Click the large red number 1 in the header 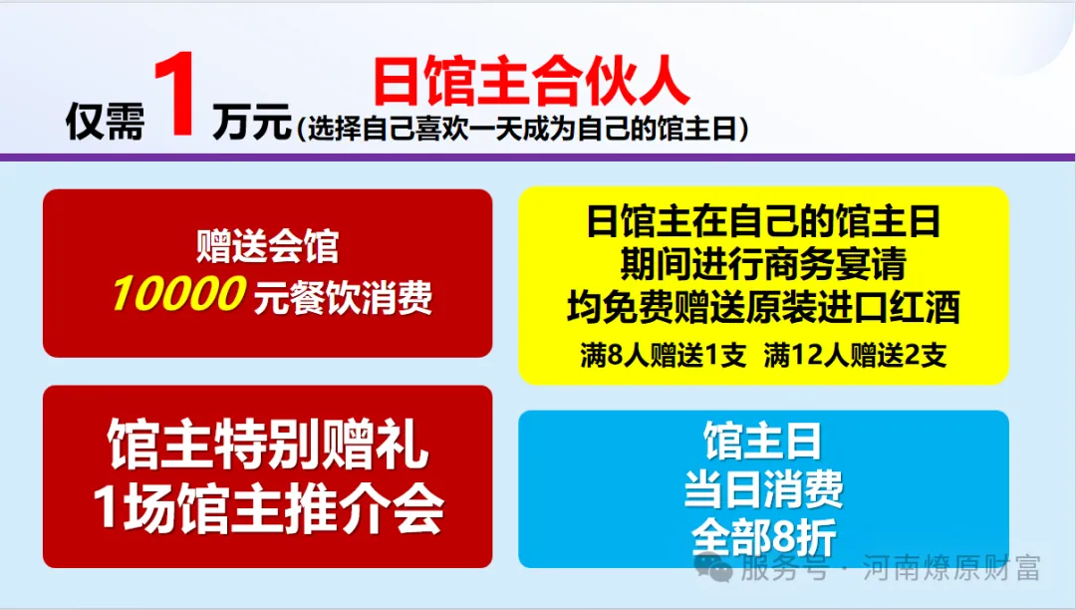click(179, 98)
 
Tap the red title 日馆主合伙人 click(531, 82)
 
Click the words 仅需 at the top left click(104, 124)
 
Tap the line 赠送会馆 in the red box click(267, 245)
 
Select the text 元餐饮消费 click(343, 296)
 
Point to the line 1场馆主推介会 click(267, 511)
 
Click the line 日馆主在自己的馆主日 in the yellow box click(763, 221)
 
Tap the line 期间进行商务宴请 click(763, 264)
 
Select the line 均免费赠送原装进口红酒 click(763, 307)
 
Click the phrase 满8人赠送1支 click(663, 356)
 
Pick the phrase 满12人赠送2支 click(855, 356)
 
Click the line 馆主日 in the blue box click(763, 440)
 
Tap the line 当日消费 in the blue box click(763, 488)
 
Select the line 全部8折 click(763, 536)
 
